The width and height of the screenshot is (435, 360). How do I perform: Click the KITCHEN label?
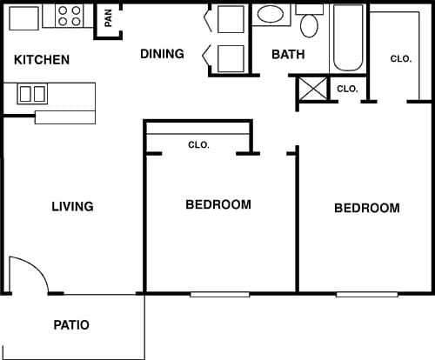tap(42, 60)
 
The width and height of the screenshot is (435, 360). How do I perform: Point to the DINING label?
tap(163, 54)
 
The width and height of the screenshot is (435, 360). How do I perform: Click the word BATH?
tap(287, 54)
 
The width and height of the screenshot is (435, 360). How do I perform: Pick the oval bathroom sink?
tap(271, 15)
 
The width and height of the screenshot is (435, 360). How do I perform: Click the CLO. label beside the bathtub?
tap(400, 59)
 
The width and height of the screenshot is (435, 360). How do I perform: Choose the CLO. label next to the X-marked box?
tap(347, 89)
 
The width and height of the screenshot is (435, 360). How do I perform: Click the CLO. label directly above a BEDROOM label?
tap(198, 145)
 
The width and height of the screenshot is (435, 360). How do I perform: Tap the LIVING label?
tap(72, 207)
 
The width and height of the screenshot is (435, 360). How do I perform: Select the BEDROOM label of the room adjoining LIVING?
tap(218, 205)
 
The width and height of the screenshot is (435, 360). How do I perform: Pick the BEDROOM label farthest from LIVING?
tap(367, 209)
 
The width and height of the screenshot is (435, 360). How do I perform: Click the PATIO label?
tap(71, 325)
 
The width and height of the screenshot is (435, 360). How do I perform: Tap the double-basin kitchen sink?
tap(33, 93)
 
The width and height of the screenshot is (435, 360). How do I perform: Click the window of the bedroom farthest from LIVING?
tap(366, 294)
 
